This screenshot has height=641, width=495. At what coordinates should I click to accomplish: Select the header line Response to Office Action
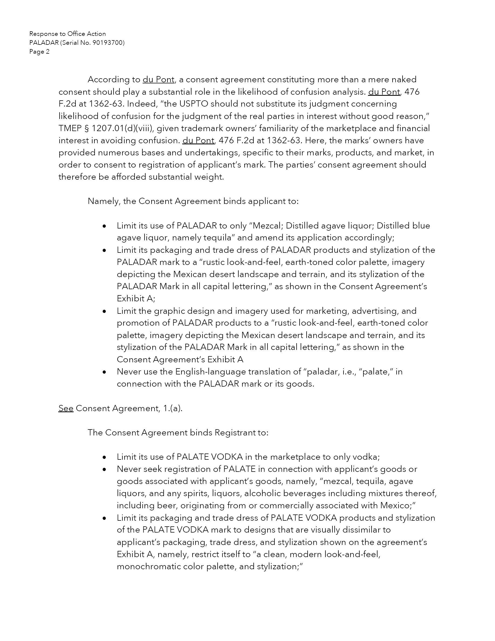pyautogui.click(x=67, y=34)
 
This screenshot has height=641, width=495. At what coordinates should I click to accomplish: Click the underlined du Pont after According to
pyautogui.click(x=158, y=80)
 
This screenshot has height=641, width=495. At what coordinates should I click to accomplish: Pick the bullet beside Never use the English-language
pyautogui.click(x=104, y=372)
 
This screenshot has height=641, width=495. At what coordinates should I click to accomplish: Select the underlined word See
pyautogui.click(x=66, y=408)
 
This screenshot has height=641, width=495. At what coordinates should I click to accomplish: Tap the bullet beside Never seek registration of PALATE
pyautogui.click(x=104, y=469)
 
